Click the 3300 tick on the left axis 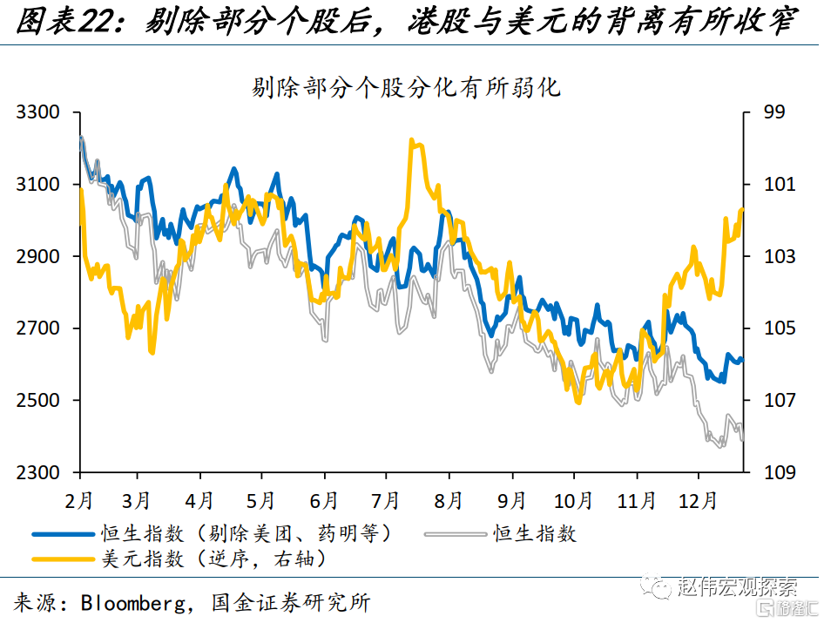coord(40,112)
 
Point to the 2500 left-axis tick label coord(40,401)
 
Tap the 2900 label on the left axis coord(40,257)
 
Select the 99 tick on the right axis coord(774,112)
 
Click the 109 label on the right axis coord(779,473)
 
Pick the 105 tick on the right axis coord(779,328)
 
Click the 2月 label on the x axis coord(80,501)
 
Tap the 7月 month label coord(385,501)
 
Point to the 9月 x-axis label coord(511,501)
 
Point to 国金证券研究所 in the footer coord(291,602)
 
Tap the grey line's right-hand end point coord(743,440)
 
